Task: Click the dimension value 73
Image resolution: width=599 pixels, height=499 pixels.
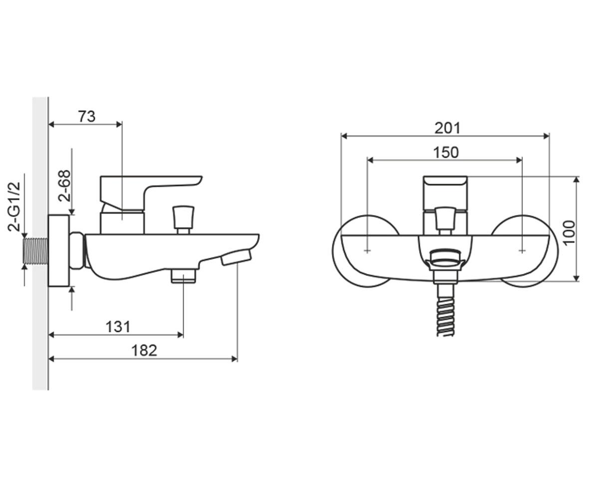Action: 87,116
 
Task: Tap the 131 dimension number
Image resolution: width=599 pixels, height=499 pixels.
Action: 118,327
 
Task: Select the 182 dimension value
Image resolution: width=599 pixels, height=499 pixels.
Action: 144,350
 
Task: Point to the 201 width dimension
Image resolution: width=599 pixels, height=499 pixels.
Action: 447,128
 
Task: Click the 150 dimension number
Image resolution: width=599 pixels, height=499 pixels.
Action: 446,152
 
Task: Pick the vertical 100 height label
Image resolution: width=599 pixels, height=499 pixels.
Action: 569,233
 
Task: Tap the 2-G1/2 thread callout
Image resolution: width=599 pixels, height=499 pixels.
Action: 14,206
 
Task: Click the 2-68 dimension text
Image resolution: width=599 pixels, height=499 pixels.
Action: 64,186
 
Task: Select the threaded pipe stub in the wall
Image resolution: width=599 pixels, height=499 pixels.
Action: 35,250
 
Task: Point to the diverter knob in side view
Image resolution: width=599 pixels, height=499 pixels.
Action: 184,220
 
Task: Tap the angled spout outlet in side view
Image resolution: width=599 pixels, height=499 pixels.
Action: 236,257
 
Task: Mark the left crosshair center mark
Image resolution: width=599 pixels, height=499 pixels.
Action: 367,251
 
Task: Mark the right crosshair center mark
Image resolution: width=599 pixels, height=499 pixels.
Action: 522,251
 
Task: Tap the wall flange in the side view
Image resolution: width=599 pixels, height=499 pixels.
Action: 59,250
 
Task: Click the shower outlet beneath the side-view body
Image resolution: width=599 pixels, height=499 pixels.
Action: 184,275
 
